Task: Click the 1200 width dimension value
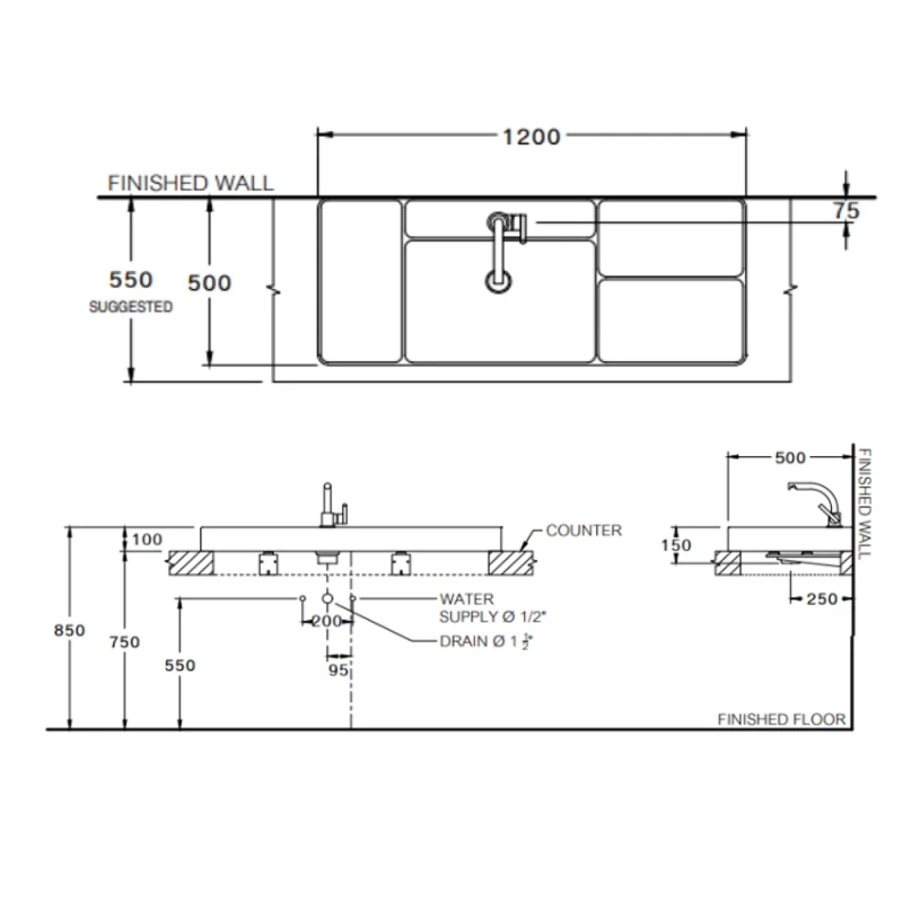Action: pyautogui.click(x=531, y=137)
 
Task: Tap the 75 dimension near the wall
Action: pyautogui.click(x=846, y=211)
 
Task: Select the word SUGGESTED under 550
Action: pyautogui.click(x=130, y=306)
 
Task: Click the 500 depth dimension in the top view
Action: pyautogui.click(x=209, y=283)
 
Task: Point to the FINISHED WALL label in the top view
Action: pyautogui.click(x=190, y=183)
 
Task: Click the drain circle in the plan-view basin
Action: pyautogui.click(x=499, y=281)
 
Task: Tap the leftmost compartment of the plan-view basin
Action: pyautogui.click(x=360, y=281)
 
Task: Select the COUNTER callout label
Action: pyautogui.click(x=584, y=530)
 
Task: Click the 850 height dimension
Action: pyautogui.click(x=69, y=630)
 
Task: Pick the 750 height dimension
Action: pyautogui.click(x=124, y=642)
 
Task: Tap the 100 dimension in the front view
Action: pyautogui.click(x=147, y=539)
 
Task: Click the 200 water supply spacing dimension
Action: pyautogui.click(x=327, y=622)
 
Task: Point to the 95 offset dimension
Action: pyautogui.click(x=338, y=670)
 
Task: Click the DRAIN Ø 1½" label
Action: pyautogui.click(x=487, y=642)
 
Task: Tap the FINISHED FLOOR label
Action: pyautogui.click(x=781, y=719)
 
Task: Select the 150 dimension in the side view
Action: pyautogui.click(x=675, y=546)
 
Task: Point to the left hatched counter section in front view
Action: pyautogui.click(x=191, y=562)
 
